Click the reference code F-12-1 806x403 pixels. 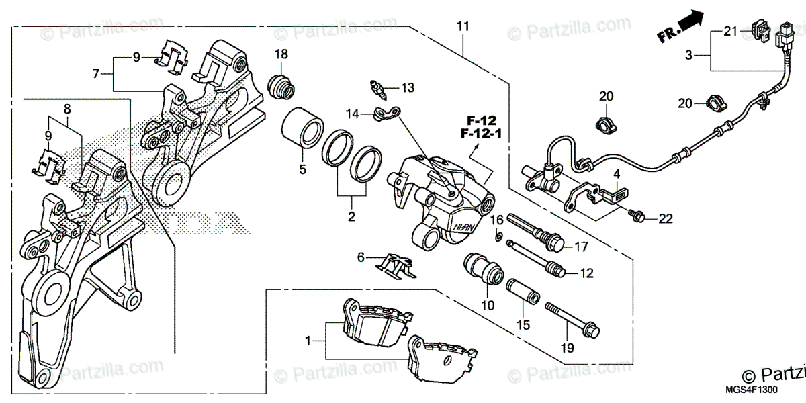(482, 134)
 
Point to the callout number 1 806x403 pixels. (308, 341)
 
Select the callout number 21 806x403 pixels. (730, 31)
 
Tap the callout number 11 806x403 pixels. (462, 27)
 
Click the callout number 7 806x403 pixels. (96, 73)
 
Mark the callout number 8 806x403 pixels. (67, 109)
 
